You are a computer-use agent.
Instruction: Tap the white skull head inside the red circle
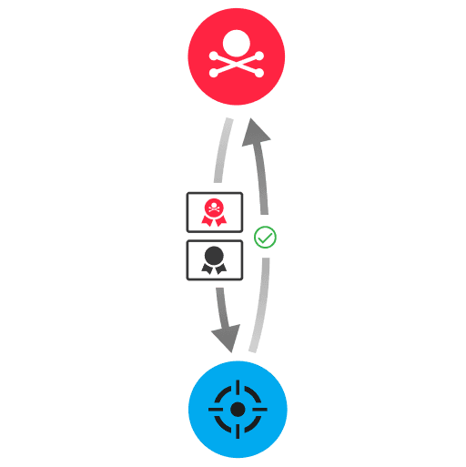coord(237,43)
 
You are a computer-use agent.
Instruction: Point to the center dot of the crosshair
coord(238,410)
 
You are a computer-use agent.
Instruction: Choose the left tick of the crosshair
coord(215,410)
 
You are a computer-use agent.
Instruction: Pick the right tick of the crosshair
coord(261,410)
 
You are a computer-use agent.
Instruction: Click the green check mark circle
coord(265,238)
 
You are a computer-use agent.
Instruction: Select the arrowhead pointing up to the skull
coord(254,134)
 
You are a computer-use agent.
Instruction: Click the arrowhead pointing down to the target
coord(226,339)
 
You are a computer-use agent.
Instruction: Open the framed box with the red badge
coord(215,211)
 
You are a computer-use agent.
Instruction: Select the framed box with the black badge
coord(215,259)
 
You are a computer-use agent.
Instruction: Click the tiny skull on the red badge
coord(214,208)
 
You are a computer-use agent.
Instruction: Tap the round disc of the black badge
coord(214,255)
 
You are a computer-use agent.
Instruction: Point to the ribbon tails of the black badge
coord(214,269)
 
